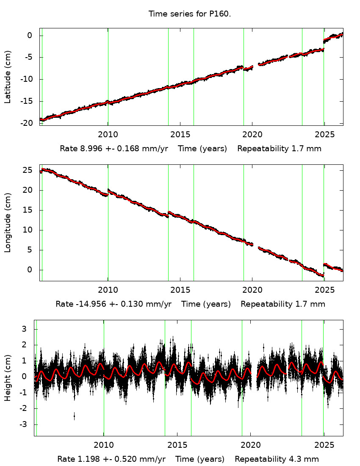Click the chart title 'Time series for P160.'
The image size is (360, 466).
190,14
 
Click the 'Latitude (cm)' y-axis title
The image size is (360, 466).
8,77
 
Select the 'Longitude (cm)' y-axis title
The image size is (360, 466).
8,222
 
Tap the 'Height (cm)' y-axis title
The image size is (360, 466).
8,378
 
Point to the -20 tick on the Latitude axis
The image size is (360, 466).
27,123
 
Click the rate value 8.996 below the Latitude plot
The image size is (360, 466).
90,149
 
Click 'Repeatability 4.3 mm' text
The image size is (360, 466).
277,459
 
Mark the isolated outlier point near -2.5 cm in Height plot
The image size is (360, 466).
74,416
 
